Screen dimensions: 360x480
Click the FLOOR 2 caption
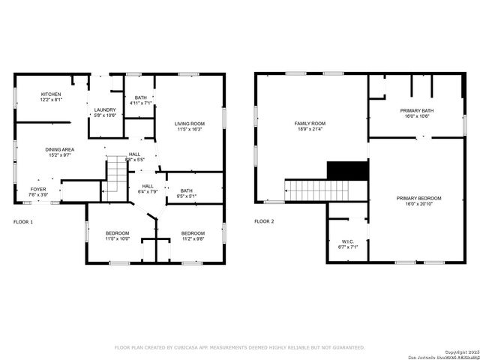tap(264, 222)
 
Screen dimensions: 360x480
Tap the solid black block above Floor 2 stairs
tap(347, 171)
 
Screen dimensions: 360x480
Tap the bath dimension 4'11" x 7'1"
tap(141, 104)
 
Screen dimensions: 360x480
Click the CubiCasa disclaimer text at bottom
tap(239, 348)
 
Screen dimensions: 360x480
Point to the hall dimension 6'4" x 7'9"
tap(148, 192)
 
